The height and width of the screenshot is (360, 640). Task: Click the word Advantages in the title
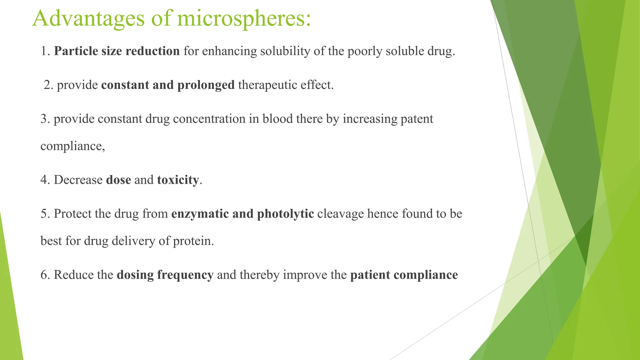pyautogui.click(x=88, y=19)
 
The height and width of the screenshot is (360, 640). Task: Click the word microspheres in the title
pyautogui.click(x=244, y=19)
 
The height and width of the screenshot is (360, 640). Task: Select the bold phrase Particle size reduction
pyautogui.click(x=117, y=51)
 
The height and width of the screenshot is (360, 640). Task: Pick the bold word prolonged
pyautogui.click(x=206, y=85)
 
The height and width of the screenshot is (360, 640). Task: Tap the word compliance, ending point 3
pyautogui.click(x=72, y=146)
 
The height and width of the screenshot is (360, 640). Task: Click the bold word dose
pyautogui.click(x=118, y=180)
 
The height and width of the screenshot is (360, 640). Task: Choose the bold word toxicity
pyautogui.click(x=178, y=180)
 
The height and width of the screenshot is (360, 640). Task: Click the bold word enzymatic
pyautogui.click(x=200, y=214)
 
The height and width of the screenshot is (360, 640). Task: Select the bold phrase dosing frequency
pyautogui.click(x=165, y=275)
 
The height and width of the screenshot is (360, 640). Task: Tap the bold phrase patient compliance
pyautogui.click(x=404, y=275)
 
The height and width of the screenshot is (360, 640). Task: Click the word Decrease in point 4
pyautogui.click(x=78, y=180)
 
